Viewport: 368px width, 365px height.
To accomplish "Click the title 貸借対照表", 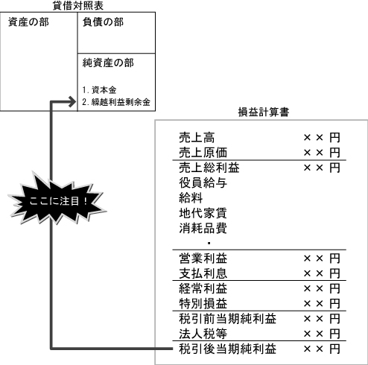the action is tap(78, 5).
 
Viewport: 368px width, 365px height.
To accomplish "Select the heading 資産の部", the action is tap(28, 22).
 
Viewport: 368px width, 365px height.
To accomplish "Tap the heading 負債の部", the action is tap(103, 22).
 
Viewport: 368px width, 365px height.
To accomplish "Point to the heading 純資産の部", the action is tap(108, 63).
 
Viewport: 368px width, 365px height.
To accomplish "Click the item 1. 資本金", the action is tap(99, 90).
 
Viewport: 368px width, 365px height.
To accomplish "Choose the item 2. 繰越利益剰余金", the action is tap(116, 102).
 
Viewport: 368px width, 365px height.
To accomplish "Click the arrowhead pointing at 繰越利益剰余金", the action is tap(72, 102).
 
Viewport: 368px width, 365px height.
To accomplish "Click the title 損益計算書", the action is tap(264, 112).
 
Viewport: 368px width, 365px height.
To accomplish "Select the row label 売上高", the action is tap(197, 137).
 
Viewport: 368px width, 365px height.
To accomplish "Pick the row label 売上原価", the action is tap(203, 153).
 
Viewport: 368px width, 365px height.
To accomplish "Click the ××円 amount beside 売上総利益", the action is tap(322, 168).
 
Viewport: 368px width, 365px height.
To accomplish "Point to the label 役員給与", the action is tap(203, 182).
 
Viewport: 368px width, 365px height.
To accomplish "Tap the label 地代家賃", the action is tap(203, 213).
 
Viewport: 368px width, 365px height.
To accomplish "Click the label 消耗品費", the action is tap(203, 228).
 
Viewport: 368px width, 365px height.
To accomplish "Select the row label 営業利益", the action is tap(203, 258).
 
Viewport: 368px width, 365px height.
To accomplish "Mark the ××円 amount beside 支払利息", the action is tap(322, 273).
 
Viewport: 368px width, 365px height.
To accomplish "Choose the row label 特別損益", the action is tap(203, 303).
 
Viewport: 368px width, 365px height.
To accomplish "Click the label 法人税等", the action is tap(203, 334).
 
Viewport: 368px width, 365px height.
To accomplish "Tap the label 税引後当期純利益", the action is tap(227, 349).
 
